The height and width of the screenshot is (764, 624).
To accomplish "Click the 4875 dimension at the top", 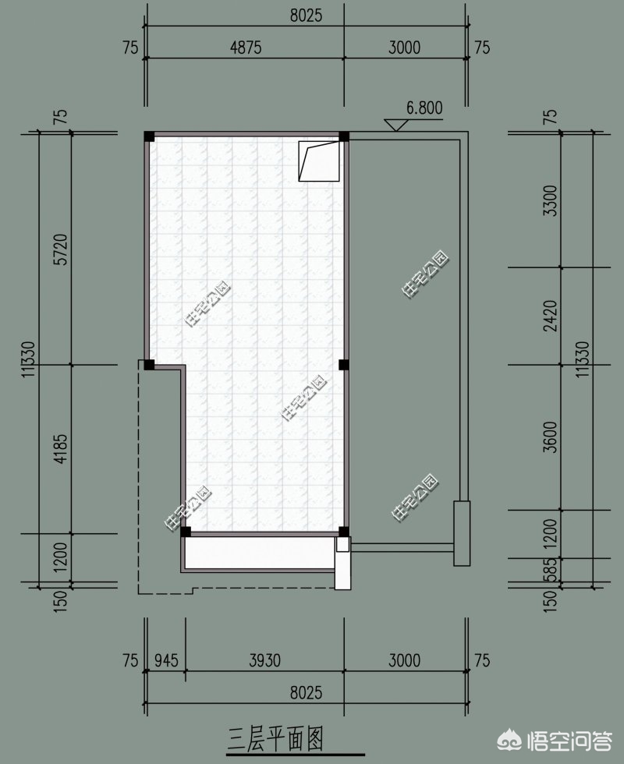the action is (x=246, y=48).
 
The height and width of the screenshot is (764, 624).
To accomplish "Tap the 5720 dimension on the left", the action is (x=60, y=249).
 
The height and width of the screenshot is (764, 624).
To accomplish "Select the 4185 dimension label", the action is (x=60, y=449).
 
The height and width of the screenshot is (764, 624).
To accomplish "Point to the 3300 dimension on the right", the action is (x=550, y=200).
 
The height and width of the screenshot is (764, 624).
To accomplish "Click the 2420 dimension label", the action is (x=550, y=316).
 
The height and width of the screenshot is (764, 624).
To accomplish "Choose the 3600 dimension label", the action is (x=550, y=437).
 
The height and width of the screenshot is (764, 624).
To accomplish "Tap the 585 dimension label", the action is (x=550, y=570).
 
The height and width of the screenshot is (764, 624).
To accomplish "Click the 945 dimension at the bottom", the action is (x=166, y=661).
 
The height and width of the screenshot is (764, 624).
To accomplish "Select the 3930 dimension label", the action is (x=264, y=661).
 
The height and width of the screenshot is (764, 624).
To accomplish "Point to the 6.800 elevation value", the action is (x=424, y=108).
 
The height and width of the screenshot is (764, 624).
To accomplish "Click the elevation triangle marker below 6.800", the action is (x=396, y=125).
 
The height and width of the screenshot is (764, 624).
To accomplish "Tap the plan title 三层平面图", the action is (x=275, y=739).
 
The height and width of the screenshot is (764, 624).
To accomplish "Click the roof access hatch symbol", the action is (x=319, y=161).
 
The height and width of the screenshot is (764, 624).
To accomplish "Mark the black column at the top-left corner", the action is (x=149, y=136).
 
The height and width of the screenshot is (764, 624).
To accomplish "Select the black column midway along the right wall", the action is (x=344, y=365).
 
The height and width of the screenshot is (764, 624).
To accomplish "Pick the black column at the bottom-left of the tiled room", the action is (x=186, y=531).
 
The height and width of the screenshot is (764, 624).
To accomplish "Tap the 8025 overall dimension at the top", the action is (x=306, y=15).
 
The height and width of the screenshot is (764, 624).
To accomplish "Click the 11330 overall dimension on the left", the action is (x=28, y=359).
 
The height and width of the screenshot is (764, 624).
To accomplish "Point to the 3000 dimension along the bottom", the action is (x=405, y=661).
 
